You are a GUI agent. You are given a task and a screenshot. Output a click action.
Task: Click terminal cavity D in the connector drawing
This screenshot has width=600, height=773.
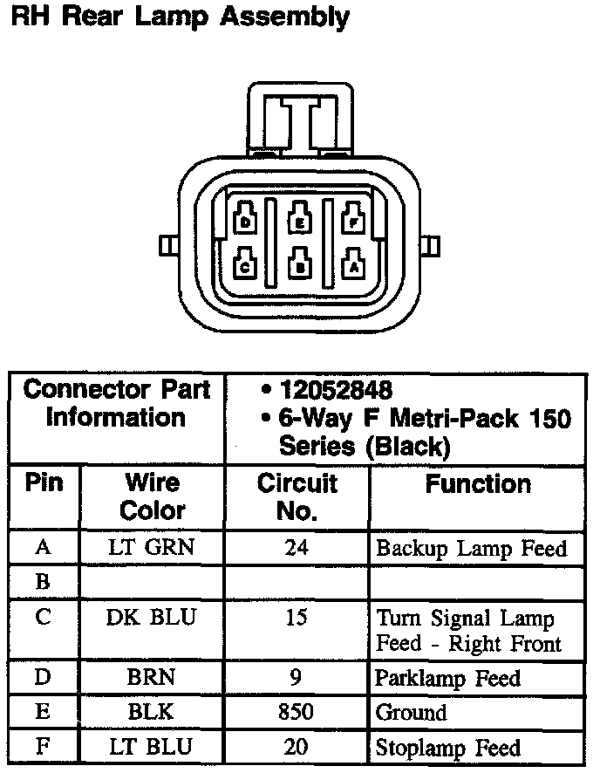tap(246, 220)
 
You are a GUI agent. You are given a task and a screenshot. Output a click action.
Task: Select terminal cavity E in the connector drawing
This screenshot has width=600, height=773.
tap(299, 220)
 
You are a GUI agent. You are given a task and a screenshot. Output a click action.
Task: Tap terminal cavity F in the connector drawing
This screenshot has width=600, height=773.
tap(352, 220)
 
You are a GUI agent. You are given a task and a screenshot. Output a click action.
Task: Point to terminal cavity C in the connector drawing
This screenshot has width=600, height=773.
tap(246, 264)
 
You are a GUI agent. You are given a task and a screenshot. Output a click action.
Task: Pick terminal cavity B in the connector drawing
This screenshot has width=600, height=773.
tap(299, 265)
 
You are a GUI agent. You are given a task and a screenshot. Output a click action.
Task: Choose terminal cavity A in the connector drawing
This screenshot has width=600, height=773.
tap(352, 264)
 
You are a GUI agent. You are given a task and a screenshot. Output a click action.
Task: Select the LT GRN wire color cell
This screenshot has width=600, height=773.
tap(152, 549)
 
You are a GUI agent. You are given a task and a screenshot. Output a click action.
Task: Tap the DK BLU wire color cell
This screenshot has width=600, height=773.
tap(152, 618)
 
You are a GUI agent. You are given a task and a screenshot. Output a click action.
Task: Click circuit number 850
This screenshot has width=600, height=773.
tap(297, 712)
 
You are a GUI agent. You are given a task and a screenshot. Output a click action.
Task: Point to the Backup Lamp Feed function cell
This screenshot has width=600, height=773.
tap(471, 549)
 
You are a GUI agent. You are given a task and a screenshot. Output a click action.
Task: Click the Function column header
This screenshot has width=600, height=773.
tap(477, 484)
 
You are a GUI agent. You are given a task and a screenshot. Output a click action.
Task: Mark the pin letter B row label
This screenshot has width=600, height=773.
tap(43, 583)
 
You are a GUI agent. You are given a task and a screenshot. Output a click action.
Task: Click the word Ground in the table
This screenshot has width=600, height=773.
tap(411, 712)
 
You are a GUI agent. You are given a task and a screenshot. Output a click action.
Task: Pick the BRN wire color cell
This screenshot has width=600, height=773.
tap(152, 678)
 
